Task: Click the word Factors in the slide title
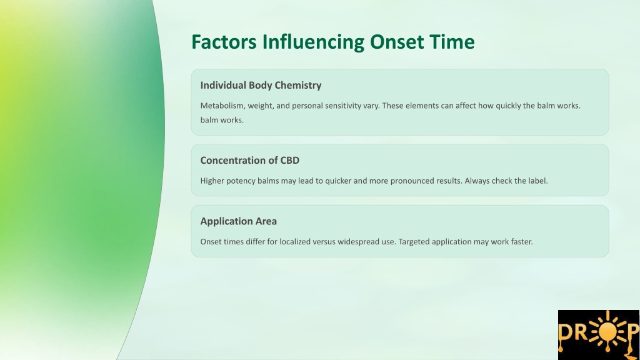pos(224,42)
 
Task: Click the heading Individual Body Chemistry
pos(261,85)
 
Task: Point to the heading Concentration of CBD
pos(250,161)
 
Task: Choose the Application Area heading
pos(238,221)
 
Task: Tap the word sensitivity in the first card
pos(343,106)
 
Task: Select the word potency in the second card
pos(241,181)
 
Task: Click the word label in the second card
pos(538,181)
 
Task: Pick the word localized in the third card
pos(295,242)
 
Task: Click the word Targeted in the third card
pos(414,242)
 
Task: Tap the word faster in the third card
pos(522,242)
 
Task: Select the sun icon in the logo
pos(607,331)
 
